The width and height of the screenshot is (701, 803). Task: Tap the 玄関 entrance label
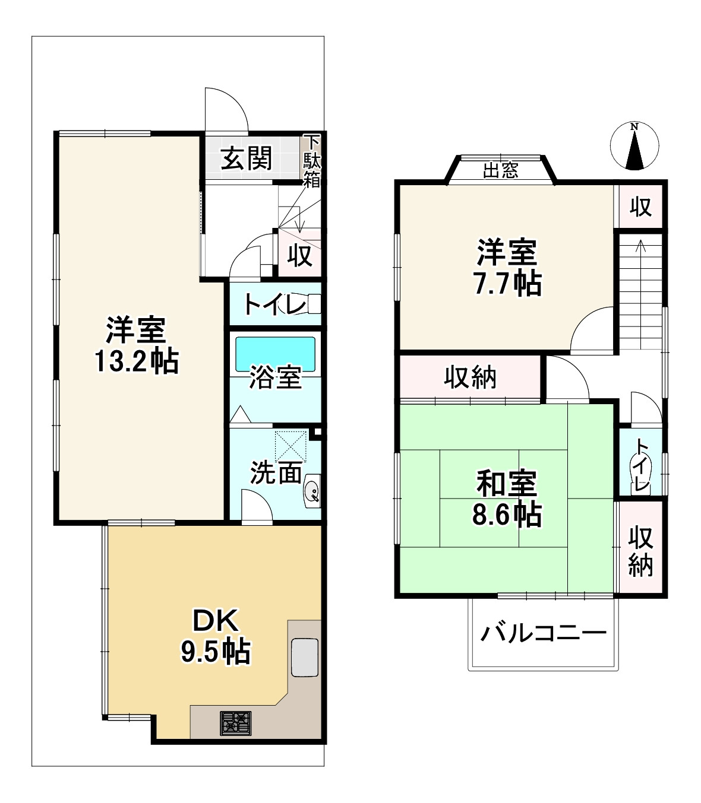click(247, 159)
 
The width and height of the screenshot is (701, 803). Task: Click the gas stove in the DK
click(236, 723)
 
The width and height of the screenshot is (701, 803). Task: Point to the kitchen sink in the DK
click(304, 657)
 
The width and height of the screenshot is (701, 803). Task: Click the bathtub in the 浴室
click(275, 354)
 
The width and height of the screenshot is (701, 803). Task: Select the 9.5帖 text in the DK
click(215, 652)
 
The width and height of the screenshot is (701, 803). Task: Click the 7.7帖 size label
click(507, 284)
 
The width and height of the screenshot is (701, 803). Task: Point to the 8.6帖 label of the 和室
click(507, 515)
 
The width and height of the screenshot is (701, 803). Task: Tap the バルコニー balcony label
click(543, 633)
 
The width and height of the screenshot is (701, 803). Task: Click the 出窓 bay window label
click(500, 171)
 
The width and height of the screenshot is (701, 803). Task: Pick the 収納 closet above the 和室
click(471, 377)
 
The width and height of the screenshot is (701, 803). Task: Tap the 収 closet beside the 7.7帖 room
click(640, 207)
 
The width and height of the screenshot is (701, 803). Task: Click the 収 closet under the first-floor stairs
click(300, 255)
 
